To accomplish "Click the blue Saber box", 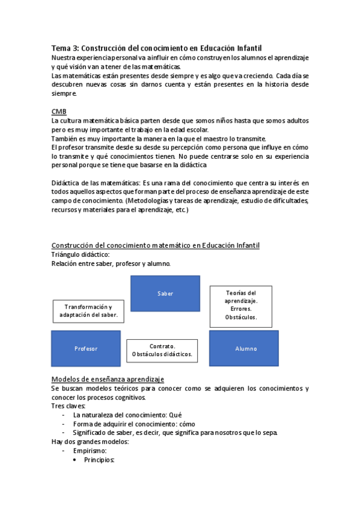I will coord(165,293).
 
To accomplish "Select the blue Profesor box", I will coord(86,348).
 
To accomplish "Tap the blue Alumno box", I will coord(243,348).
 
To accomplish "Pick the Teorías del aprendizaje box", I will coord(241,305).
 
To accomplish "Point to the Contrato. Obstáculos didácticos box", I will coord(162,350).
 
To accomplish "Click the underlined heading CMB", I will coord(59,112).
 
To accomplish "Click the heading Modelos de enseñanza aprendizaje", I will coord(108,379).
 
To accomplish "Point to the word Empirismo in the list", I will coord(90,450).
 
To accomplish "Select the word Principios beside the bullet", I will coord(99,459).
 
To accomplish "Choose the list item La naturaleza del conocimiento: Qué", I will coord(127,415).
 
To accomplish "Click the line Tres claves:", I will coord(69,406).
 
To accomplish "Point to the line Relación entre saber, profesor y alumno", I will coord(111,263).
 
